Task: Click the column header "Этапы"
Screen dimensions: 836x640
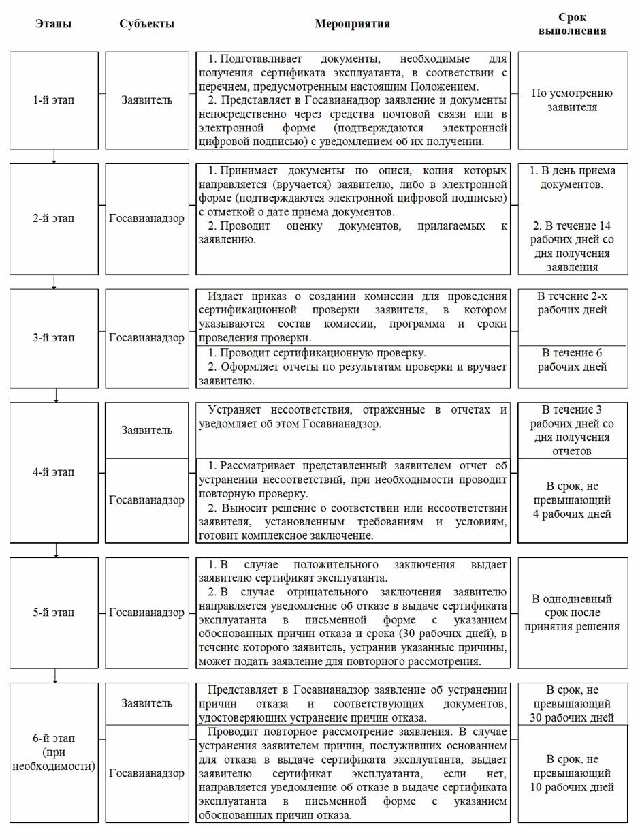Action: tap(54, 24)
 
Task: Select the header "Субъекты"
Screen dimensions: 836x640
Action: tap(146, 24)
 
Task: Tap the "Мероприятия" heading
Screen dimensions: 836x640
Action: tap(352, 24)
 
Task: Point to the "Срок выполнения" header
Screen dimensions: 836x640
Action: tap(572, 24)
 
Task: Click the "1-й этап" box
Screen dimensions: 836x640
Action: tap(54, 100)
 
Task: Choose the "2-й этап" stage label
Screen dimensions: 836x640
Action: tap(54, 219)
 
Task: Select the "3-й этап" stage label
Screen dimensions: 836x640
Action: tap(54, 338)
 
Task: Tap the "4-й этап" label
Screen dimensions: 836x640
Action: tap(54, 472)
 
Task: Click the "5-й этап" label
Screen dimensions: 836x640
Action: tap(54, 613)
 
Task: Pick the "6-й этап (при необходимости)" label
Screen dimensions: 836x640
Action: tap(54, 752)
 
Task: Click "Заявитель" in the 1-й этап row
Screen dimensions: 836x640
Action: tap(146, 100)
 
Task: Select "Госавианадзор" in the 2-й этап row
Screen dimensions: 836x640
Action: tap(146, 219)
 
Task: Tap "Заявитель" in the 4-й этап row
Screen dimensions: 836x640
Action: tap(146, 430)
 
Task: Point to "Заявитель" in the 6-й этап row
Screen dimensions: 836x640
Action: tap(146, 703)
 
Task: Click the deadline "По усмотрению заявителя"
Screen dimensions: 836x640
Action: tap(572, 100)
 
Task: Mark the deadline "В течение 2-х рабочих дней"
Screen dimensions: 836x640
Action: tap(572, 304)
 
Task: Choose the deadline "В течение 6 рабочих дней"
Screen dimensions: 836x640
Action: tap(572, 360)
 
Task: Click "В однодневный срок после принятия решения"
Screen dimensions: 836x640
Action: tap(572, 613)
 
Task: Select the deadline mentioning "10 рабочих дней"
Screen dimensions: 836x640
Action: tap(572, 773)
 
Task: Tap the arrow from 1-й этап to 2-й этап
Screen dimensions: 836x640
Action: tap(54, 157)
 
